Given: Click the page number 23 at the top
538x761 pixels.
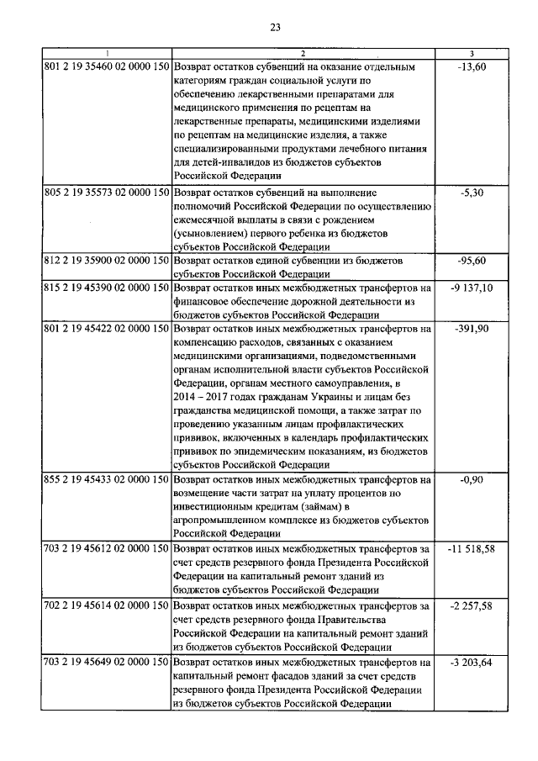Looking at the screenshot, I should [x=275, y=28].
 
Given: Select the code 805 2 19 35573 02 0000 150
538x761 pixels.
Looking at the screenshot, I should [x=107, y=193].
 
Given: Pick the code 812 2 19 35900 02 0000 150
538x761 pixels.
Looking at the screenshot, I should [x=107, y=262].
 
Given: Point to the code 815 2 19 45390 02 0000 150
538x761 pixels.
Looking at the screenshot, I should [x=107, y=288].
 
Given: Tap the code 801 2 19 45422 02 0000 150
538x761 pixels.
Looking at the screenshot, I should [x=107, y=328].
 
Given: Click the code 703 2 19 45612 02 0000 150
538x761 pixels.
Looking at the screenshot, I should [x=107, y=548].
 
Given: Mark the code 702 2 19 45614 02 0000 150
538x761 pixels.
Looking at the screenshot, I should [x=107, y=605].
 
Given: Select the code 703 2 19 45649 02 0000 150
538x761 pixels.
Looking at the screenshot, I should [x=107, y=662].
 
